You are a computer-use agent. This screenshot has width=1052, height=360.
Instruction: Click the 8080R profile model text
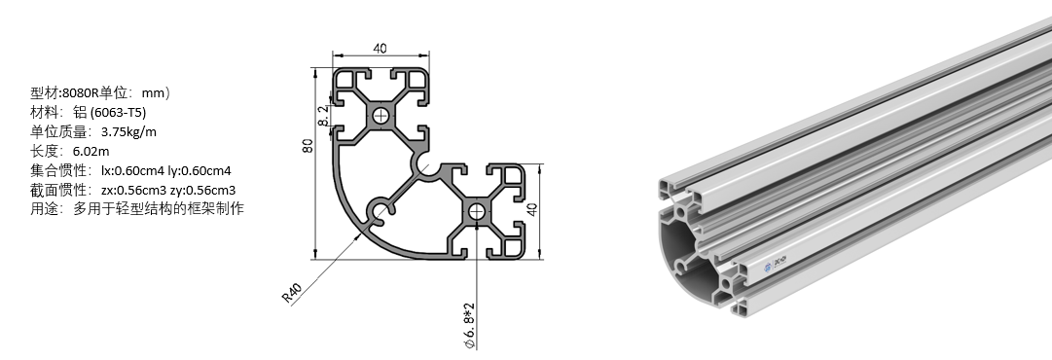click(x=80, y=93)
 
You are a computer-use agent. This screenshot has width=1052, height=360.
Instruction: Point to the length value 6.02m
click(x=91, y=151)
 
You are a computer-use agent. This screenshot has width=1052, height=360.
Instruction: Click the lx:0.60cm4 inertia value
click(x=133, y=170)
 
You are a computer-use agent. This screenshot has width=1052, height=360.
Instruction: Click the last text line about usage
click(x=137, y=208)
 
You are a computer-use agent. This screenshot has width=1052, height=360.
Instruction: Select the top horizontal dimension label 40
click(x=381, y=49)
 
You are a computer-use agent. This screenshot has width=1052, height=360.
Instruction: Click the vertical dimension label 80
click(x=308, y=146)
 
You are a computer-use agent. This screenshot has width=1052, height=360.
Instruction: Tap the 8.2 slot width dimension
click(x=323, y=116)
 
